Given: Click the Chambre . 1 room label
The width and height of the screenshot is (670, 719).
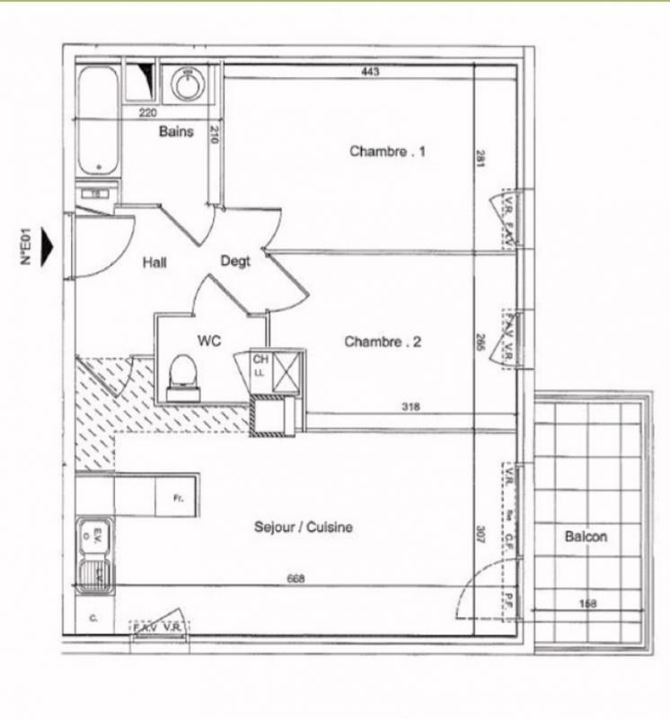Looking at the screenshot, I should [x=387, y=151].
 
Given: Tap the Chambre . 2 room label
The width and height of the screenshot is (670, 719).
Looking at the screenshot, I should [x=383, y=342].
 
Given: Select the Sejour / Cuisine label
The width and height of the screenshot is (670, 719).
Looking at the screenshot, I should [x=303, y=528].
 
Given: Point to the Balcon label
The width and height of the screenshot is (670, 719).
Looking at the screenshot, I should [x=586, y=537].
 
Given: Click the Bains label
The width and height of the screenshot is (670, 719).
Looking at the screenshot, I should [x=176, y=131].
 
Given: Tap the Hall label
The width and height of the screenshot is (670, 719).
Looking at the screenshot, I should [x=154, y=262].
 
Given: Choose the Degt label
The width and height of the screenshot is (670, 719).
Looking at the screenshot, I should [x=235, y=262].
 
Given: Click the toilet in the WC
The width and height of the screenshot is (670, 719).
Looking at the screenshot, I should [x=184, y=376].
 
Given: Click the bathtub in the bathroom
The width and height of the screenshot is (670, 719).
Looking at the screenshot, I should [x=97, y=120].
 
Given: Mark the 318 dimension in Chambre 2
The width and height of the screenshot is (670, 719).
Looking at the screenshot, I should [x=411, y=406].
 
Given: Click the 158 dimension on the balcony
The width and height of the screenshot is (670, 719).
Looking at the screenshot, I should [x=587, y=603].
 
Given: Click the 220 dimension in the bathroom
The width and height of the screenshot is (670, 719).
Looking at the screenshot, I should [x=147, y=112].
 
